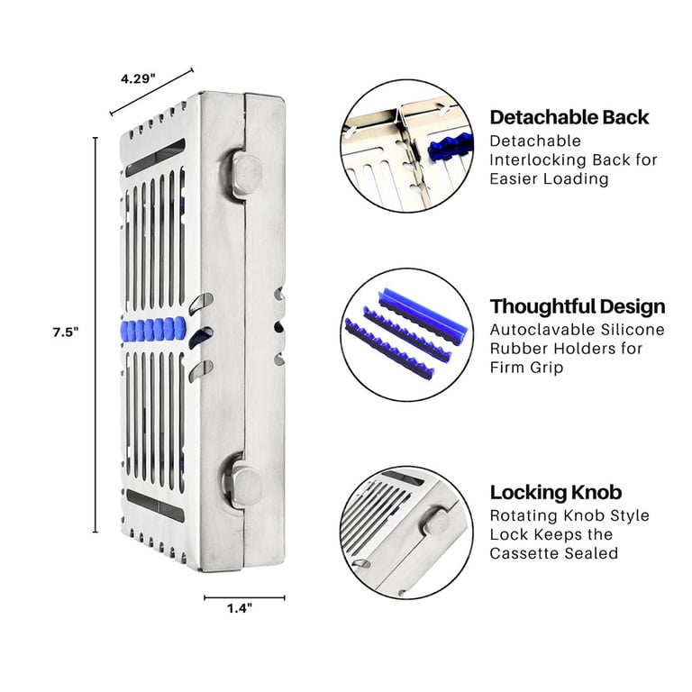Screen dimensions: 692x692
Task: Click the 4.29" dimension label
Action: pyautogui.click(x=138, y=79)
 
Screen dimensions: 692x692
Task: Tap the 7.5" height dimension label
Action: pyautogui.click(x=66, y=332)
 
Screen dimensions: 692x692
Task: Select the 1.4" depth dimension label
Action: pyautogui.click(x=240, y=608)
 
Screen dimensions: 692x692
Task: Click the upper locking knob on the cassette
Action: pyautogui.click(x=245, y=174)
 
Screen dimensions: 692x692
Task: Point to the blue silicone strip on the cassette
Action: pyautogui.click(x=153, y=330)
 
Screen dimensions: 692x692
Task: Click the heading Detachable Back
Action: pyautogui.click(x=569, y=117)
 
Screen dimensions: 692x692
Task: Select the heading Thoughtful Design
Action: pyautogui.click(x=578, y=306)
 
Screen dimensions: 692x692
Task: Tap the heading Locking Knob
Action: pyautogui.click(x=556, y=492)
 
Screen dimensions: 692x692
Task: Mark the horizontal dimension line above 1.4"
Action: pyautogui.click(x=244, y=597)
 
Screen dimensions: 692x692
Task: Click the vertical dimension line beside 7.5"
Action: pyautogui.click(x=96, y=335)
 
